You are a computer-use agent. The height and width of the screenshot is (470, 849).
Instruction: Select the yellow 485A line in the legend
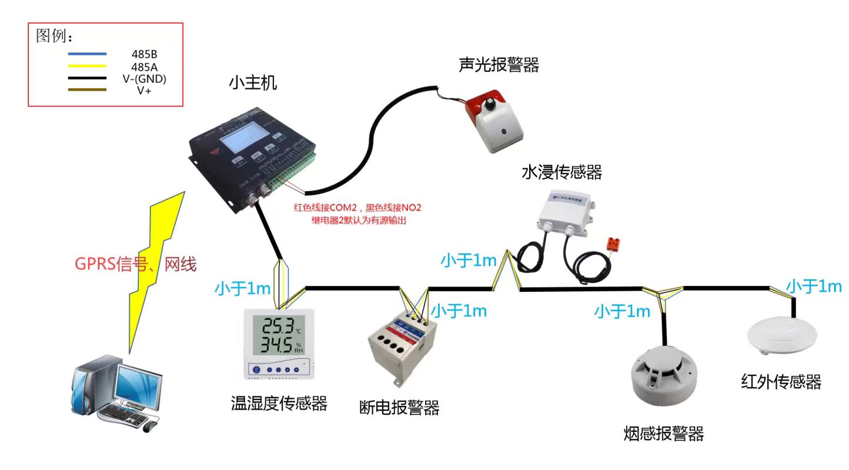[87, 66]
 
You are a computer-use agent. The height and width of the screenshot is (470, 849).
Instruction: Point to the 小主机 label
[253, 83]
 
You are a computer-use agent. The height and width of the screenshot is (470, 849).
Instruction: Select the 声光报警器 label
[499, 65]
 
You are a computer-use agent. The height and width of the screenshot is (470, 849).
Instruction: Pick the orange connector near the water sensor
[616, 242]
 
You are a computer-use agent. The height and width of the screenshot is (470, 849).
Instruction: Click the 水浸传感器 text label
[561, 172]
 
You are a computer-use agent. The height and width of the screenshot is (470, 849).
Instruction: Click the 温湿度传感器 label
[279, 403]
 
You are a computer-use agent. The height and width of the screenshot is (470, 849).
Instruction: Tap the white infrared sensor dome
[782, 335]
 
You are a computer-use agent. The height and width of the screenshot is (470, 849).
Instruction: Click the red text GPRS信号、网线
[135, 265]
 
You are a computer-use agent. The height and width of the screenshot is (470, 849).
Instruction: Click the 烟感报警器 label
[663, 434]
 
